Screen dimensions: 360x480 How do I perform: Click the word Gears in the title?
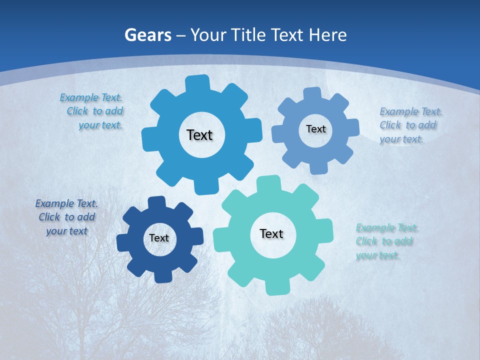point(147,35)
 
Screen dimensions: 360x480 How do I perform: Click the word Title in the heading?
point(250,35)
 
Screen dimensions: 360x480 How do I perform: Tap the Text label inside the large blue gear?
point(199,135)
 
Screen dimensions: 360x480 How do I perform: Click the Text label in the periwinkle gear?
point(315,129)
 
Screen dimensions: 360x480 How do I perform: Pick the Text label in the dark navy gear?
point(159,238)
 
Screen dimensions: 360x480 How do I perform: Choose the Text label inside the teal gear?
point(271,233)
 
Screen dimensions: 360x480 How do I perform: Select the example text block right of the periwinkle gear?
point(409,125)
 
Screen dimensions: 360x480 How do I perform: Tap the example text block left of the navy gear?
point(66,217)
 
